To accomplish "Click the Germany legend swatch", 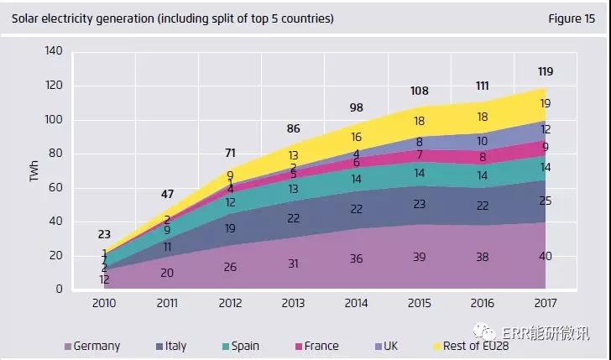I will (x=68, y=346).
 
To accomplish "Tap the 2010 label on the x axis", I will (x=105, y=302).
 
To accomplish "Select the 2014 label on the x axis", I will (x=356, y=302).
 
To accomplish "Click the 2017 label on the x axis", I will (x=545, y=302).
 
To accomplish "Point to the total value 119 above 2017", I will (x=545, y=71).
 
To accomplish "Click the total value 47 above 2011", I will (x=167, y=195).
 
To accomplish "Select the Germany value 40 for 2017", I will (x=545, y=255).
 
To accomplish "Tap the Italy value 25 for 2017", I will (x=545, y=200).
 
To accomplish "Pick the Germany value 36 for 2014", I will (x=356, y=258).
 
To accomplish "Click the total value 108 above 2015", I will (x=420, y=90).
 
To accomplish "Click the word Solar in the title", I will (x=26, y=18).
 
